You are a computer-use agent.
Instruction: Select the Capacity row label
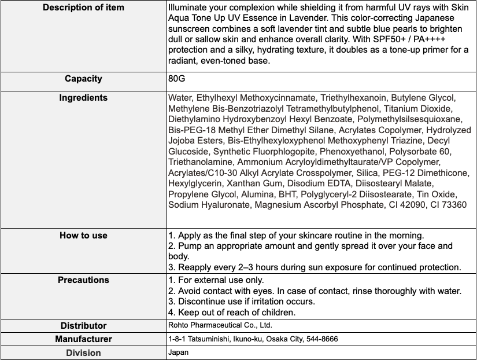tap(83, 78)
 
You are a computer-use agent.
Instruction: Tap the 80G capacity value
tap(176, 78)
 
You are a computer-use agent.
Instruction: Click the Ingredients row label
tap(83, 98)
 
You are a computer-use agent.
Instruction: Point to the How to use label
tap(83, 236)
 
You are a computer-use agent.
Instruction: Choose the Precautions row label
tap(83, 280)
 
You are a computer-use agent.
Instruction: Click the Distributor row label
tap(83, 325)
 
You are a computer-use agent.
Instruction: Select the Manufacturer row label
tap(83, 339)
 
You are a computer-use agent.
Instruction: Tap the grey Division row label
tap(83, 352)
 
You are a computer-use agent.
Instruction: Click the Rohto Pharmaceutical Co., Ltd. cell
tap(220, 325)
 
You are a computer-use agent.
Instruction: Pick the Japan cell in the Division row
tap(178, 352)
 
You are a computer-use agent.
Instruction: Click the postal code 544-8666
tap(320, 339)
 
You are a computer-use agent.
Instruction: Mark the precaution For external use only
tap(215, 280)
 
